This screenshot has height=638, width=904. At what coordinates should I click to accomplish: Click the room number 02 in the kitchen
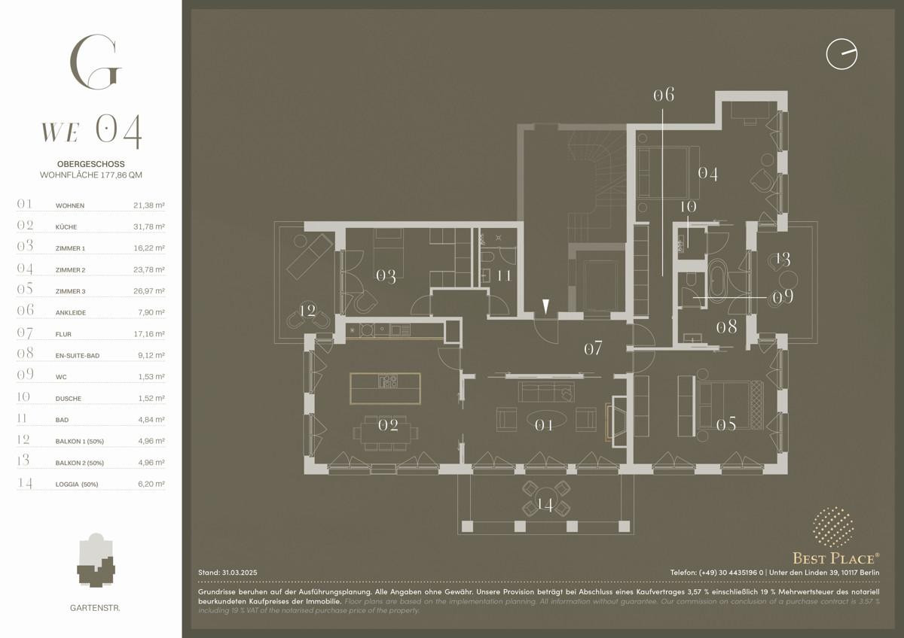tap(388, 425)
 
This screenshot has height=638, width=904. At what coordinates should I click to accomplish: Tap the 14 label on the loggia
tap(545, 504)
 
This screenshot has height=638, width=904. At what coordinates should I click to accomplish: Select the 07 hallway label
tap(594, 348)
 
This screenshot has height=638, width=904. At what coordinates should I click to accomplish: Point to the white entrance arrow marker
tap(545, 307)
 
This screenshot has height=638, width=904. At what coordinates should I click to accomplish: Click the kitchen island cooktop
tap(388, 381)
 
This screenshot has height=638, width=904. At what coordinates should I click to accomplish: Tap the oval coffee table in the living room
tap(546, 420)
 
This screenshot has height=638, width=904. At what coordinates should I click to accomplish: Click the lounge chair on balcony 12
tap(309, 257)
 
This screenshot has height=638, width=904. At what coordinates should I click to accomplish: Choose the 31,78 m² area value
tap(149, 226)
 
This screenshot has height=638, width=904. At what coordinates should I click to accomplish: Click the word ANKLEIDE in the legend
tap(71, 313)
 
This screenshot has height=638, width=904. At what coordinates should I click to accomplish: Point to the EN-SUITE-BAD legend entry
tap(78, 356)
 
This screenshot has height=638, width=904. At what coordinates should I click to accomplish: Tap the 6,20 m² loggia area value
tap(151, 484)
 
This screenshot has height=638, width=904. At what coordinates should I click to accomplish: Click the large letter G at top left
tap(96, 62)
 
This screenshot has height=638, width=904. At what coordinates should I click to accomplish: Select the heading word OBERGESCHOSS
tap(91, 164)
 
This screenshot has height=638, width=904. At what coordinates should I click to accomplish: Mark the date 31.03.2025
tap(240, 573)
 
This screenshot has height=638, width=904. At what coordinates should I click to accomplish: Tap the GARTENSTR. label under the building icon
tap(95, 608)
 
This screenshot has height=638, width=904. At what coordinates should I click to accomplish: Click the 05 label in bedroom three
tap(726, 424)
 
